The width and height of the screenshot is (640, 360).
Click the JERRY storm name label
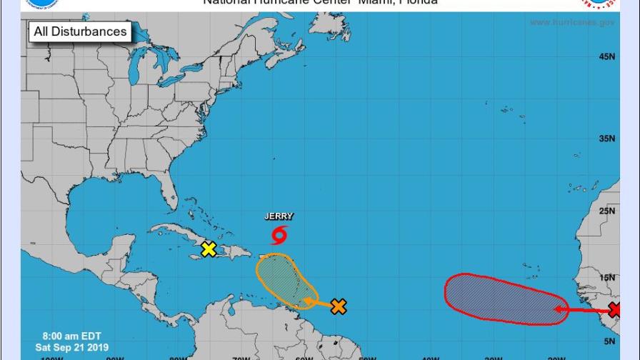[279, 216]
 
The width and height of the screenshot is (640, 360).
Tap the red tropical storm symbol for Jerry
[279, 234]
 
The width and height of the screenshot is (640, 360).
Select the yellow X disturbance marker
[209, 249]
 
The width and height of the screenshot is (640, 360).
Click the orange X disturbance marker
[339, 306]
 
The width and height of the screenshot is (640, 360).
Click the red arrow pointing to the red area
[582, 310]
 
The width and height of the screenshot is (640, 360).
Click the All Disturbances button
[80, 31]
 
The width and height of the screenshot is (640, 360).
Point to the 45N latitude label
[607, 56]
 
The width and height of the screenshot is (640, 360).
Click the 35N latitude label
[607, 139]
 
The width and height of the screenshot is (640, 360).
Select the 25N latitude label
[607, 211]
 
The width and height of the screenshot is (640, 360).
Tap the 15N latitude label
[607, 277]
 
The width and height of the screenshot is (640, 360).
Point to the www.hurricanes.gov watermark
[571, 23]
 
